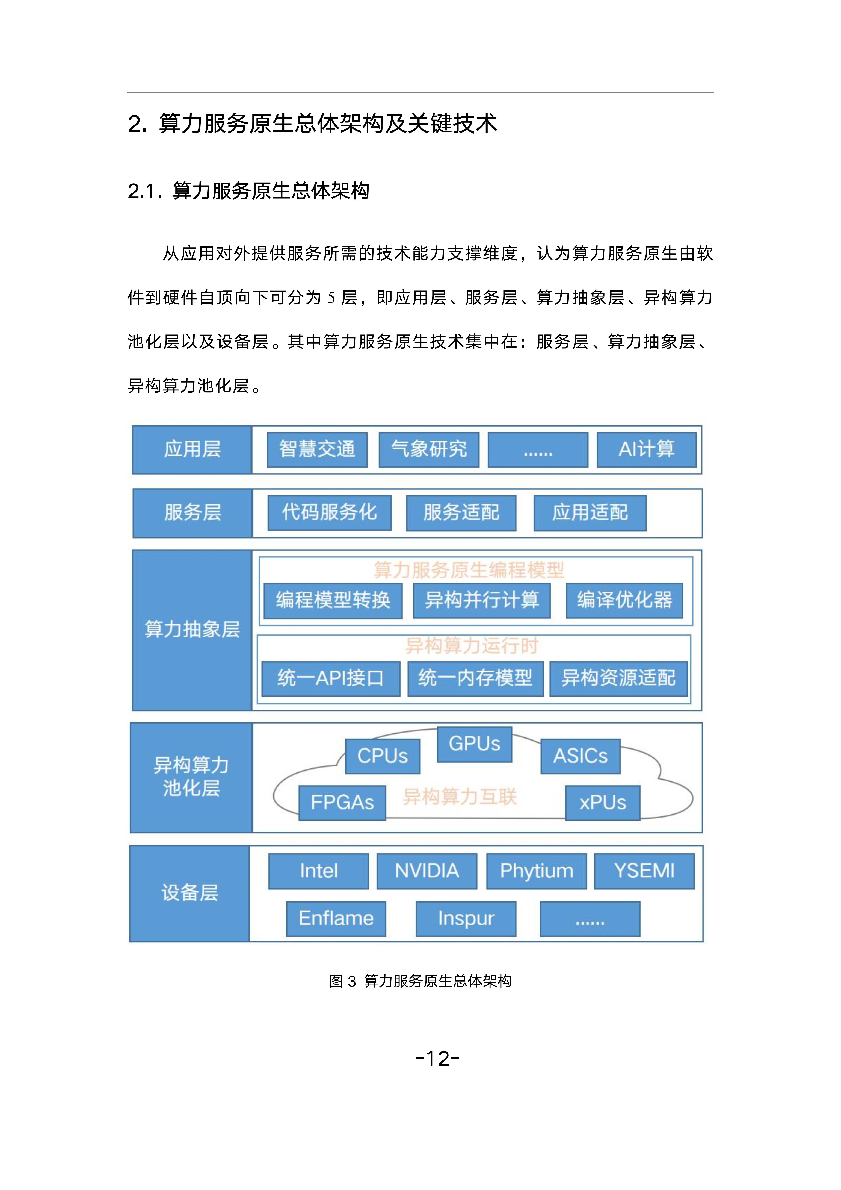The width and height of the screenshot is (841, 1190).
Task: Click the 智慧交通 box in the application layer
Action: tap(317, 449)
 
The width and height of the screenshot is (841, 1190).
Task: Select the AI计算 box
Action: tap(647, 449)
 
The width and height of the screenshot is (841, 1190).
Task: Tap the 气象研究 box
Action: tap(429, 449)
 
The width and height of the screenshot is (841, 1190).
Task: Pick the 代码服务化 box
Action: tap(330, 513)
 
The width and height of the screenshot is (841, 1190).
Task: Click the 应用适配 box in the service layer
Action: tap(590, 513)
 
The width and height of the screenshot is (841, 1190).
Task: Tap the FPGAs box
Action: tap(342, 802)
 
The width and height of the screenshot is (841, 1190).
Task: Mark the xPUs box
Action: tap(603, 802)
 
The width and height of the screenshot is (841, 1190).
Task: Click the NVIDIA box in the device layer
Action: tap(427, 871)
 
